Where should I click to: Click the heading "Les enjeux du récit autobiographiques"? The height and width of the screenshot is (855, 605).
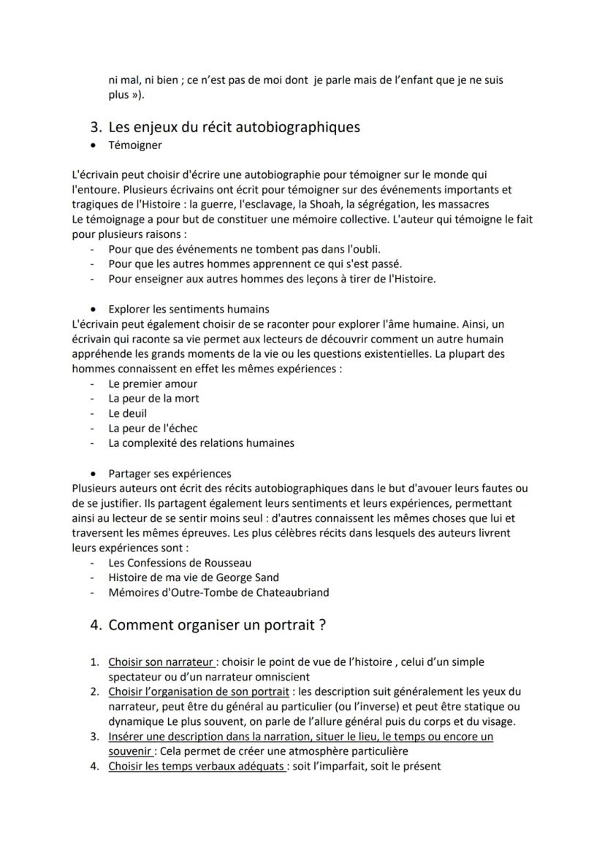click(234, 127)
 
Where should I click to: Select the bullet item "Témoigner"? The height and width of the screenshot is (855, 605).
click(135, 146)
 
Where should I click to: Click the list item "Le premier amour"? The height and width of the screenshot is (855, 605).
click(153, 383)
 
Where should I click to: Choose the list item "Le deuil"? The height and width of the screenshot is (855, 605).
click(128, 413)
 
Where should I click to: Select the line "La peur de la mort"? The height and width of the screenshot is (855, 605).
click(153, 399)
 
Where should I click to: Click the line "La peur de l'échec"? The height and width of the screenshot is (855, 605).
click(153, 428)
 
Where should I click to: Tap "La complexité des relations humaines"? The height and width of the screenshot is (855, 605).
click(201, 442)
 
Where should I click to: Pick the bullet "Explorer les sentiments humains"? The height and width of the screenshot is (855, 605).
click(189, 309)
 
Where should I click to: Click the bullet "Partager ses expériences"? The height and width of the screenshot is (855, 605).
click(170, 473)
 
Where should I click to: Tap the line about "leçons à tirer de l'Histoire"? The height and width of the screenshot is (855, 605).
click(272, 278)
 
